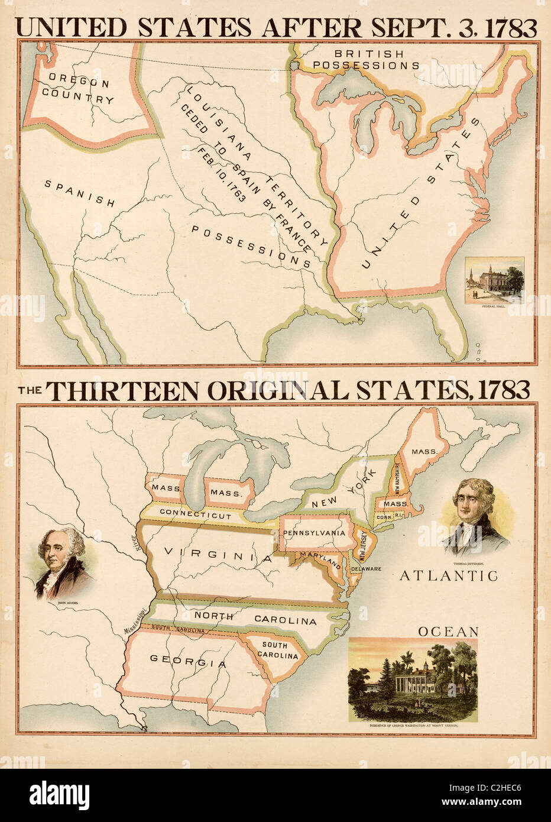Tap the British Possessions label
[366, 60]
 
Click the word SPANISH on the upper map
[80, 193]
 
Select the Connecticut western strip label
[195, 515]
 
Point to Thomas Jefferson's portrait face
[471, 506]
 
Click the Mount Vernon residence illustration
[413, 679]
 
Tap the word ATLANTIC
[449, 575]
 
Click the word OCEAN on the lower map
[448, 632]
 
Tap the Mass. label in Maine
[424, 451]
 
